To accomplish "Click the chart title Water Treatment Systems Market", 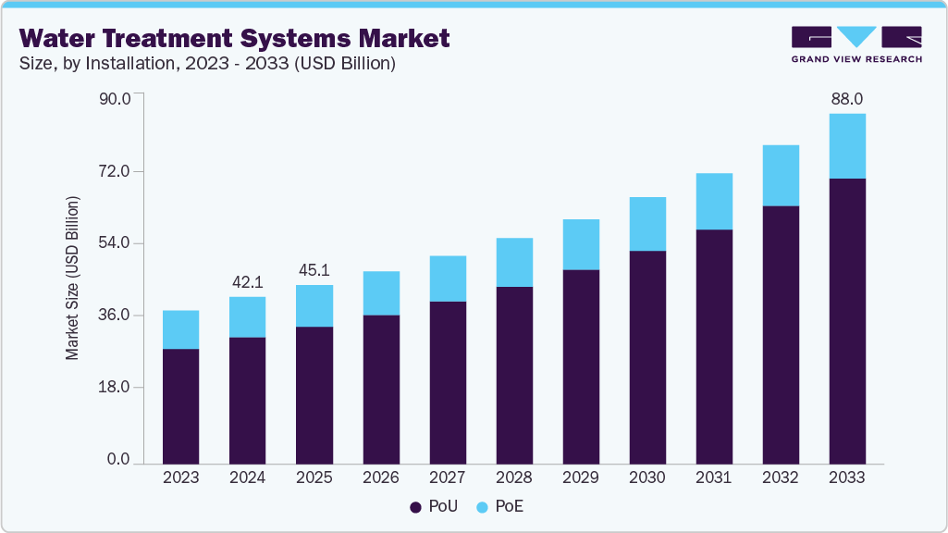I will (x=235, y=38).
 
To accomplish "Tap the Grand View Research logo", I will (x=856, y=43).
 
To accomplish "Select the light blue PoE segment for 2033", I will (x=847, y=146).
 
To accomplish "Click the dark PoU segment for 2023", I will (x=180, y=405).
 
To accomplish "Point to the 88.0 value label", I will (x=847, y=98).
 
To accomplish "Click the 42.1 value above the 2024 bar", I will (x=247, y=281).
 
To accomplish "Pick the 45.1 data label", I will (x=314, y=270).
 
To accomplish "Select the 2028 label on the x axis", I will (x=514, y=477).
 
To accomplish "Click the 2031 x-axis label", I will (x=714, y=477).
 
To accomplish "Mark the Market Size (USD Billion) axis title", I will (x=72, y=279).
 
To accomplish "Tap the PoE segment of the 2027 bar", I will (x=448, y=279).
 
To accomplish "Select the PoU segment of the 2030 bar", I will (x=647, y=356).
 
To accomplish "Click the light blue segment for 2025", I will (x=314, y=305).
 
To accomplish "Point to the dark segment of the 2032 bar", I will (x=781, y=334).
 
